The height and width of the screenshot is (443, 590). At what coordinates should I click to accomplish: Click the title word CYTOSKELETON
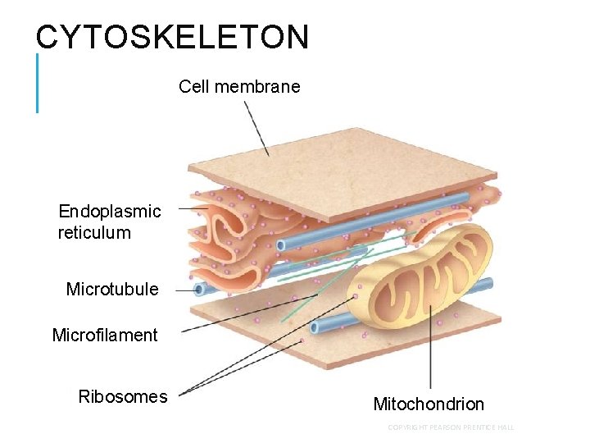pyautogui.click(x=172, y=38)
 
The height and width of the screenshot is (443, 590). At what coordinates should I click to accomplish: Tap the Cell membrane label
pyautogui.click(x=239, y=86)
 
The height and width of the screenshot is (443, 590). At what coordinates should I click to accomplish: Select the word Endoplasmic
pyautogui.click(x=110, y=212)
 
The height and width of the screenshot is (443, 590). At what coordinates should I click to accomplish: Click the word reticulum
pyautogui.click(x=94, y=233)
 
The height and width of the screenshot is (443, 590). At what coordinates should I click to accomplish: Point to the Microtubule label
pyautogui.click(x=112, y=290)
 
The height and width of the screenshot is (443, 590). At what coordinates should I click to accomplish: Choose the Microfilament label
pyautogui.click(x=105, y=335)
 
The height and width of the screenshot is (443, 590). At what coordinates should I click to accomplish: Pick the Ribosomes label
pyautogui.click(x=123, y=397)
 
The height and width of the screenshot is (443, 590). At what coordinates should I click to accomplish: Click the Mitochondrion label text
pyautogui.click(x=429, y=404)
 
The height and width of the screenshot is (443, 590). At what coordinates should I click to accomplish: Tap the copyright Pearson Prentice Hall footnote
pyautogui.click(x=451, y=427)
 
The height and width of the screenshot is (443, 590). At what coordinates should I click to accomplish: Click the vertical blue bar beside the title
pyautogui.click(x=37, y=82)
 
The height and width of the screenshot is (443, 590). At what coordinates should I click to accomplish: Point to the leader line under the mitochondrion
pyautogui.click(x=430, y=353)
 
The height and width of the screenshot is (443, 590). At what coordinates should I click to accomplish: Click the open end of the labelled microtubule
pyautogui.click(x=199, y=289)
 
